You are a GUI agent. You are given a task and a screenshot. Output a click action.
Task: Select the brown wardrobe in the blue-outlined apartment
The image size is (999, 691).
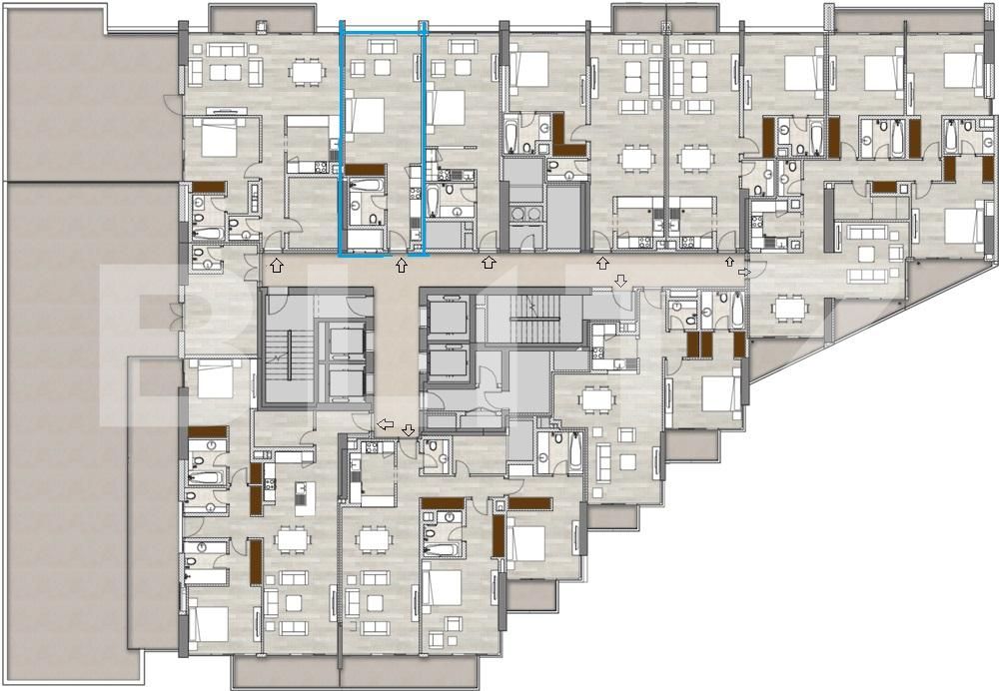click(366, 169)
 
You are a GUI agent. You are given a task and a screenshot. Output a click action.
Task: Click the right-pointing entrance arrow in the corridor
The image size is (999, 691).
click(744, 271)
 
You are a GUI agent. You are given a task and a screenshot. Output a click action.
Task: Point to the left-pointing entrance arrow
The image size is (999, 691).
click(386, 425)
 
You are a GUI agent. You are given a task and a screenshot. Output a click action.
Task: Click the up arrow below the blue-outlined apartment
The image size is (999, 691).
click(402, 265)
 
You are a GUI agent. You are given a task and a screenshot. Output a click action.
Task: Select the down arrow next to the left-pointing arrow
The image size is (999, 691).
click(409, 429)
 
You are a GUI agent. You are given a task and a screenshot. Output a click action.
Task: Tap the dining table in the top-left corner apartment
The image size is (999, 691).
click(305, 71)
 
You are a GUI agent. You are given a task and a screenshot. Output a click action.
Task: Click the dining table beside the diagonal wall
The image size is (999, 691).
click(788, 309)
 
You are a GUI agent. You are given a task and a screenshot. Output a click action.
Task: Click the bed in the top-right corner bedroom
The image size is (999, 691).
click(963, 70)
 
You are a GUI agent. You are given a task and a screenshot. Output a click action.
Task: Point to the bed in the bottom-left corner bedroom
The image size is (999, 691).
click(211, 625)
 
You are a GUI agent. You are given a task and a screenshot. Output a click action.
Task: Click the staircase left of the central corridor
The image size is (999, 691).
click(288, 348)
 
